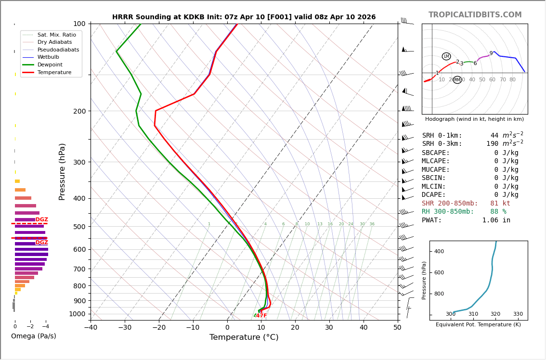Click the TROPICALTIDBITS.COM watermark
475,15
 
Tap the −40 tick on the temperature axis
91,328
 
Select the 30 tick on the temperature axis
329,328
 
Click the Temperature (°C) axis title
244,337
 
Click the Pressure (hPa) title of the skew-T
62,171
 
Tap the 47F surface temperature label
261,316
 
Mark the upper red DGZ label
42,219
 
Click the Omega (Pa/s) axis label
34,336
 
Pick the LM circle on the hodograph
446,56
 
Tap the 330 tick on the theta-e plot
518,314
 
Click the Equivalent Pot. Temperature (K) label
478,325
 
